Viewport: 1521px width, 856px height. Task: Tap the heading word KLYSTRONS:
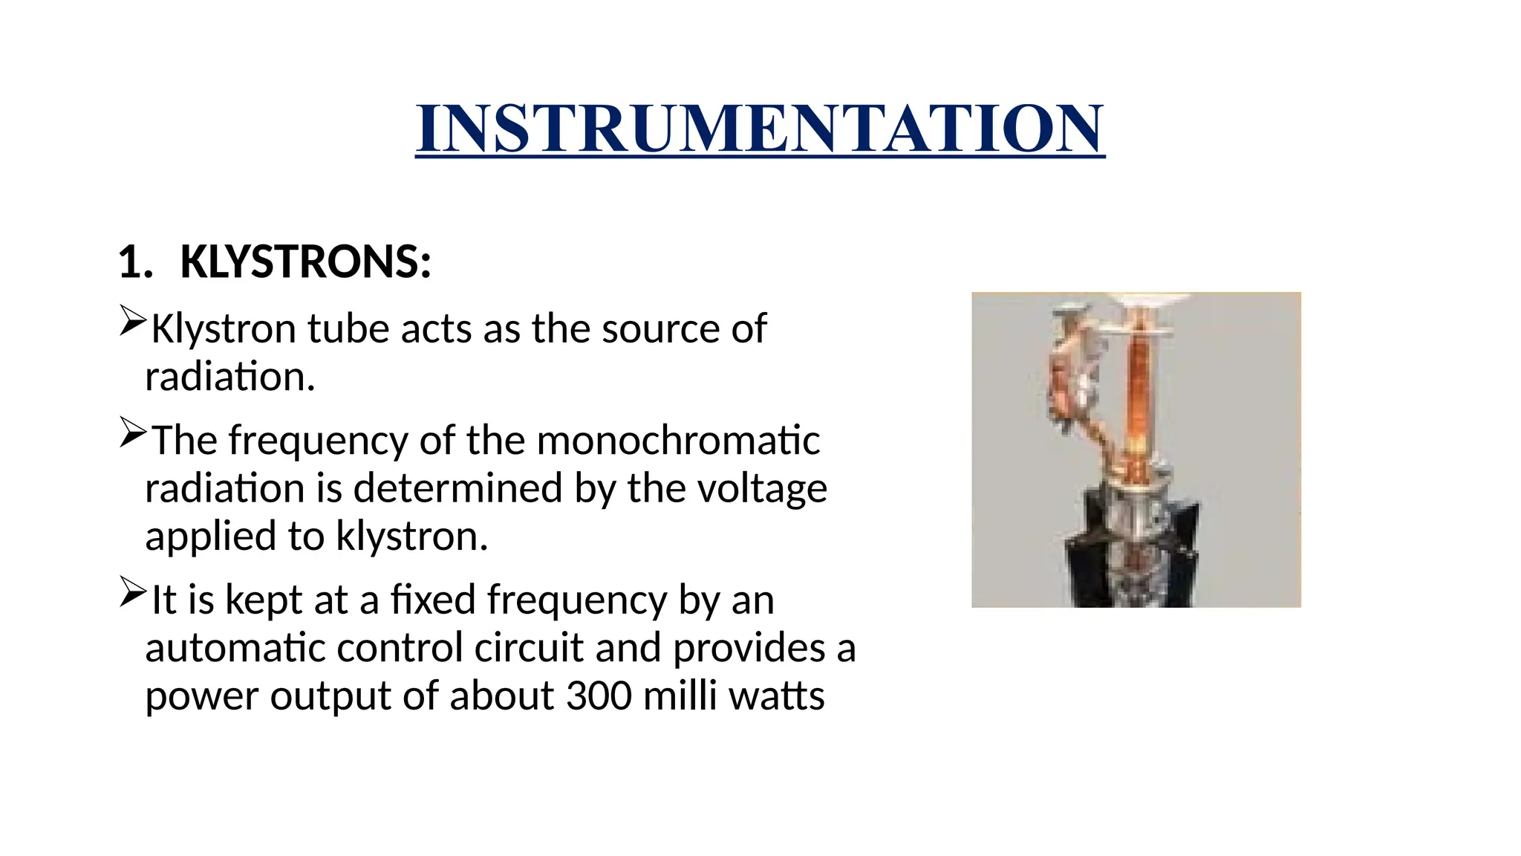[x=305, y=262]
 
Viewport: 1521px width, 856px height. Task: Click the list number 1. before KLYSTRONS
[x=135, y=263]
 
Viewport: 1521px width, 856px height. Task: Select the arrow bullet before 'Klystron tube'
[x=133, y=320]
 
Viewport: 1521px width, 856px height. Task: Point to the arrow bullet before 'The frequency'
[x=133, y=432]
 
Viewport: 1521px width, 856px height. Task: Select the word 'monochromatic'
[x=677, y=440]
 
